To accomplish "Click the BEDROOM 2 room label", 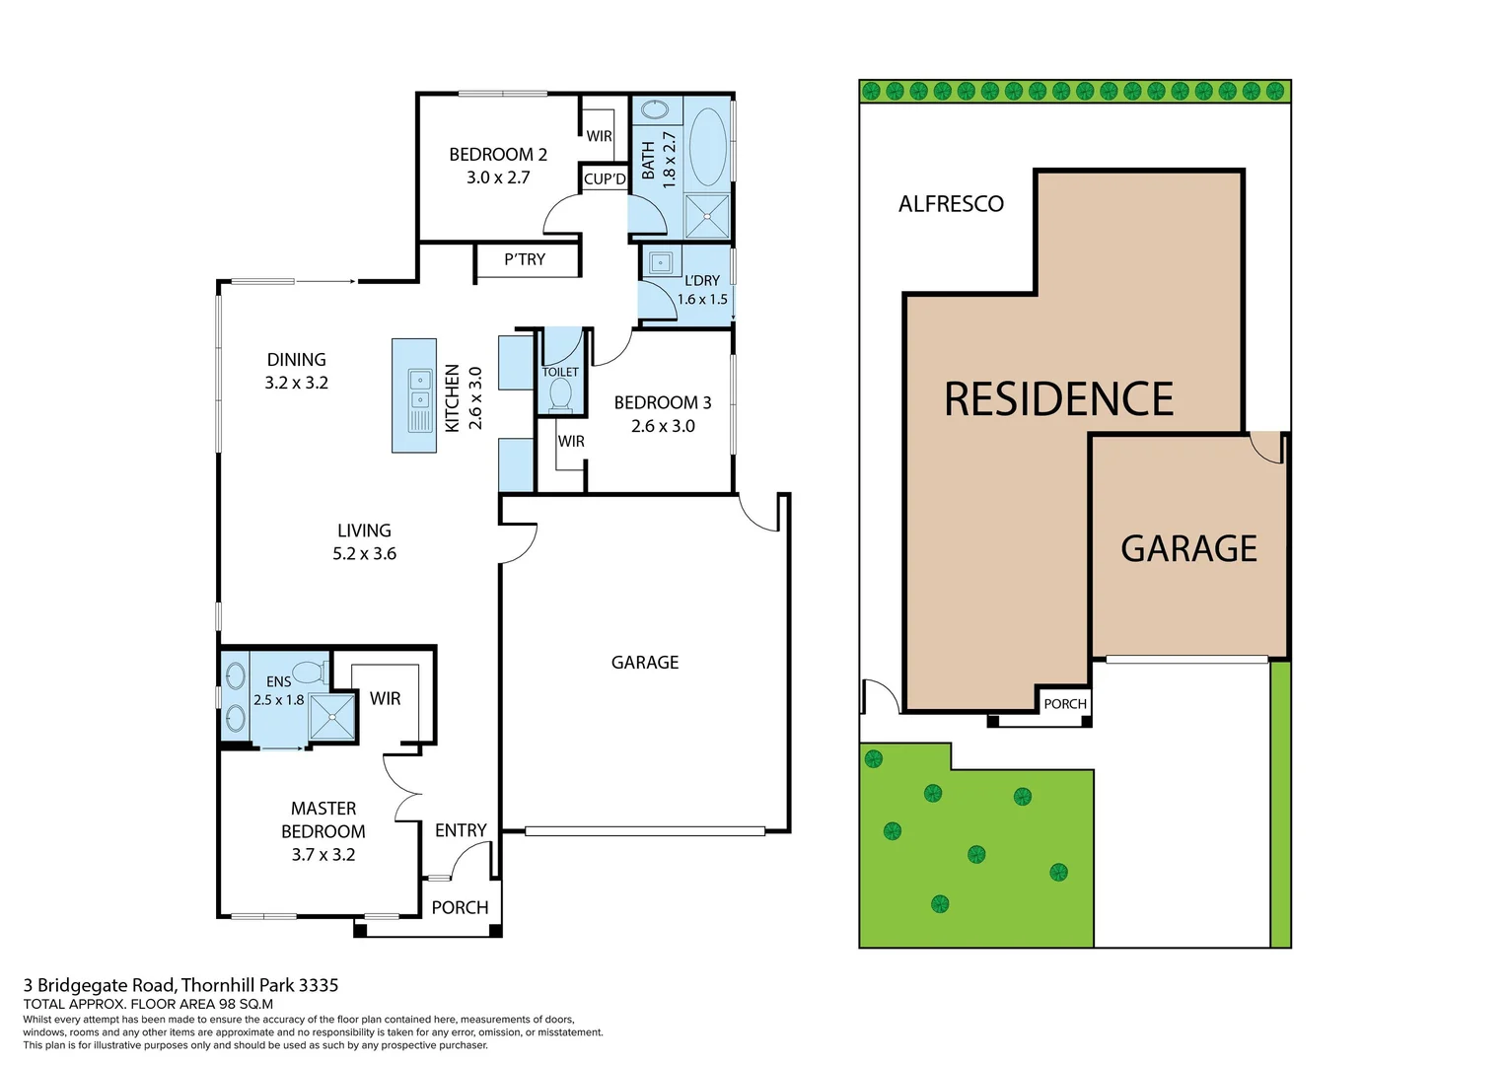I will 497,155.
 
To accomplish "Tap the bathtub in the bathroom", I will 707,147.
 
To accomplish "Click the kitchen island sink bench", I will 414,395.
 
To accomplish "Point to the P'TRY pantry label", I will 525,259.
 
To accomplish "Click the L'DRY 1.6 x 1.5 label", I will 702,290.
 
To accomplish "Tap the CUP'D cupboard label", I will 605,178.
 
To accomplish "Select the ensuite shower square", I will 331,717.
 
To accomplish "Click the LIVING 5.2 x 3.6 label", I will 364,541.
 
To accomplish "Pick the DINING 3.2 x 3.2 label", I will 296,371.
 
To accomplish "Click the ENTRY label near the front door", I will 461,830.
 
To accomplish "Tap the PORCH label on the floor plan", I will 460,907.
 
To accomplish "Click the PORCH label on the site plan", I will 1065,704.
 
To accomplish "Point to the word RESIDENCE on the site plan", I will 1058,399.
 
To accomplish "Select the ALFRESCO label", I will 951,204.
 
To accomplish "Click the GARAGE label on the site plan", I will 1188,548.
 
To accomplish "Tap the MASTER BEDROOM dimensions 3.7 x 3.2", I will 323,855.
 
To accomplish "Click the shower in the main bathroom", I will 707,217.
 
